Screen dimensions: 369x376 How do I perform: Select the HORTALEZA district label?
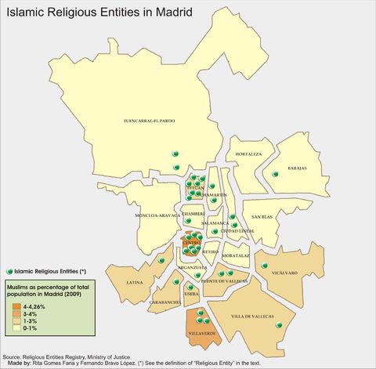pos(248,154)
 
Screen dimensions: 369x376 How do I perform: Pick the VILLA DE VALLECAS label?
pos(252,317)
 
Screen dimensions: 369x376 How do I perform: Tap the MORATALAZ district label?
pos(236,255)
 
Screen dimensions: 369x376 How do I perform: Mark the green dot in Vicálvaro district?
pos(265,267)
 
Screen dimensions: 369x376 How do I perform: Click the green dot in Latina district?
pos(161,259)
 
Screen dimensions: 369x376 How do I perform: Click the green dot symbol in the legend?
pos(9,270)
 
